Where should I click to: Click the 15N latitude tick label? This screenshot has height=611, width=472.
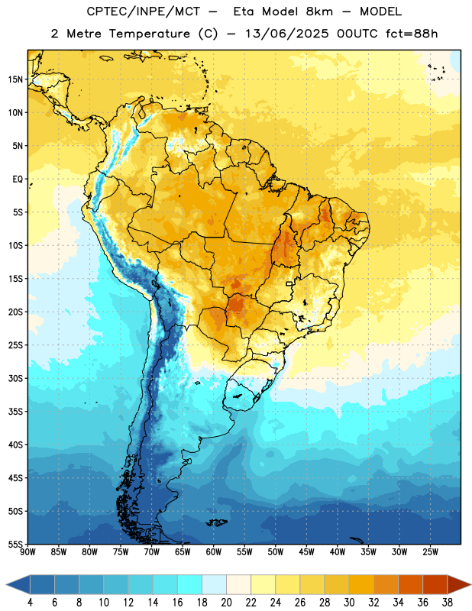(15, 79)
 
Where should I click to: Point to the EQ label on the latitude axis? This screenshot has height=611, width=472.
(18, 179)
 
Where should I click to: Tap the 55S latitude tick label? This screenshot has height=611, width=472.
(15, 544)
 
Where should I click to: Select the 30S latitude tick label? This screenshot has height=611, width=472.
(15, 378)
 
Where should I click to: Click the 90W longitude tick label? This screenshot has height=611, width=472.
(28, 552)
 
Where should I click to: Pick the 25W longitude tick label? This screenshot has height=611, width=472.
(430, 552)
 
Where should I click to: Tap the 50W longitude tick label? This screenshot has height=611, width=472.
(276, 552)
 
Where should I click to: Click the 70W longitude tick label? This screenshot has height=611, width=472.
(152, 552)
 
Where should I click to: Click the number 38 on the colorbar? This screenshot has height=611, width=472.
(448, 603)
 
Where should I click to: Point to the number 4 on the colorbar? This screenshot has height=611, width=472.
(30, 603)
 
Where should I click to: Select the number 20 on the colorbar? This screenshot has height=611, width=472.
(226, 603)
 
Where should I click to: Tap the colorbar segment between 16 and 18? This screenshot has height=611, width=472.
(190, 584)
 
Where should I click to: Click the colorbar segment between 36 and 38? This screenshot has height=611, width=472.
(435, 584)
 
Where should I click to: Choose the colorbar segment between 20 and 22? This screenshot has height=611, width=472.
(239, 584)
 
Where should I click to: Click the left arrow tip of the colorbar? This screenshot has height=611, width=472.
(6, 584)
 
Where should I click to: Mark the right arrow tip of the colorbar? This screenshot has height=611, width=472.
(471, 584)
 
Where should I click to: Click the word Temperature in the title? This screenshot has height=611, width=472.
(149, 34)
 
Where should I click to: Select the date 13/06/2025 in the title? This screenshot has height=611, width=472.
(286, 34)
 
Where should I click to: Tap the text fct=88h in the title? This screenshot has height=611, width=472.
(412, 34)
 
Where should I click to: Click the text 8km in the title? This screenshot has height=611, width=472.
(319, 11)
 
